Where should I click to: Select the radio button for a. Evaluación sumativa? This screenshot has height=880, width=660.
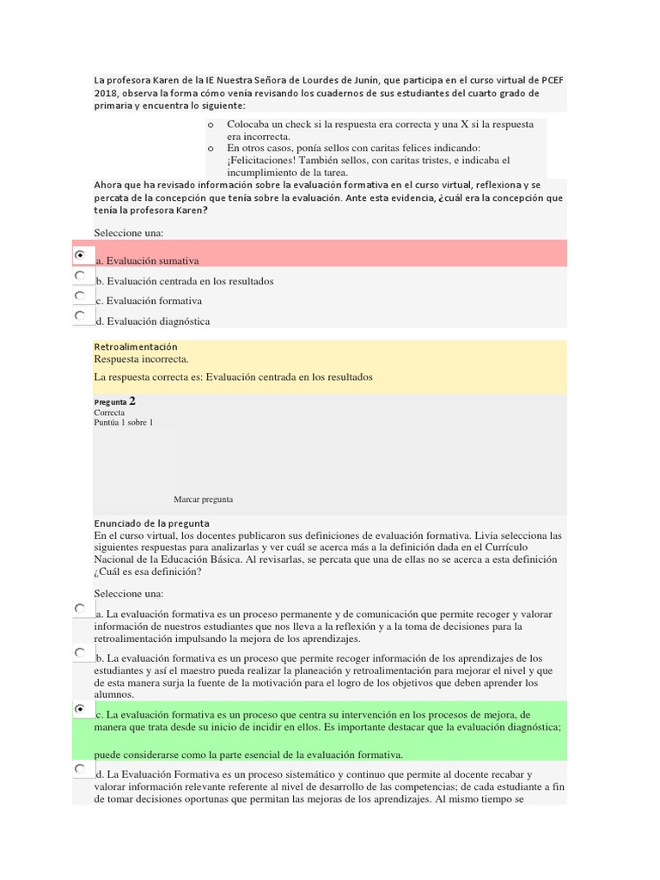point(80,255)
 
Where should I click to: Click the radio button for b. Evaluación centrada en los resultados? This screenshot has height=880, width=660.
point(80,276)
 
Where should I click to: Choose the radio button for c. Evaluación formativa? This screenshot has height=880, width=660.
point(80,296)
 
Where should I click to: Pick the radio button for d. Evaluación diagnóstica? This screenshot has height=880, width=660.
point(80,316)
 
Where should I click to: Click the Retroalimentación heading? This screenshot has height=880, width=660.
point(135,346)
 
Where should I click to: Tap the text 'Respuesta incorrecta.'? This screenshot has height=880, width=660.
point(141,359)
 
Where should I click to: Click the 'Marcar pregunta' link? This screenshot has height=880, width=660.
point(203,499)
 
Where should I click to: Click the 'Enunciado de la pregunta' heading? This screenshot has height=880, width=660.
point(151,522)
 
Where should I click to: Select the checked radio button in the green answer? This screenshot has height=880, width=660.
point(80,709)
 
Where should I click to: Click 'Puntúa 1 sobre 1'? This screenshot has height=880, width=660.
point(124,423)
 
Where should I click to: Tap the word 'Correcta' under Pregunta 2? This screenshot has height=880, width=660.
point(109,412)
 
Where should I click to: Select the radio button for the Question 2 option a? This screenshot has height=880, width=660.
point(80,608)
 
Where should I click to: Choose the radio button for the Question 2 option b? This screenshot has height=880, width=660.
point(80,653)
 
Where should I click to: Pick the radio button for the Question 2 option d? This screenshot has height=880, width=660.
point(80,769)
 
